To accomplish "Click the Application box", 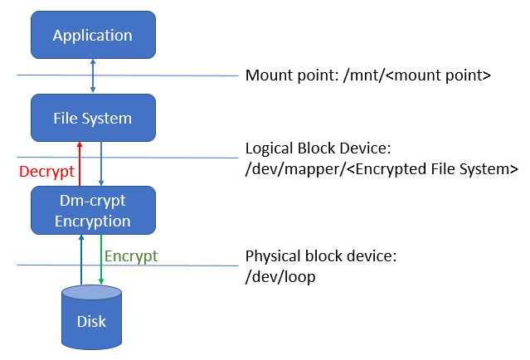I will tap(92, 35).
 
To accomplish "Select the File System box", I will tap(92, 118).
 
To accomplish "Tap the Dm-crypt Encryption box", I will tap(92, 210).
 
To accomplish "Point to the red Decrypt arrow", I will tap(80, 163).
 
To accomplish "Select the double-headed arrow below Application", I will tap(92, 76).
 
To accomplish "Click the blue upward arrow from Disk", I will tap(80, 260).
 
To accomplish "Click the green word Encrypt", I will tap(131, 255).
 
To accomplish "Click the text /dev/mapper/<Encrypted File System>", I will tap(382, 169).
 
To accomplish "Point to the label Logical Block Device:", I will tap(318, 149).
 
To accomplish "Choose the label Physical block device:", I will tap(321, 256).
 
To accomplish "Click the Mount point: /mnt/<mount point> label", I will tap(369, 75).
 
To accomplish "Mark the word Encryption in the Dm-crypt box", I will tap(92, 221).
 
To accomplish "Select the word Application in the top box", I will tap(92, 36).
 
